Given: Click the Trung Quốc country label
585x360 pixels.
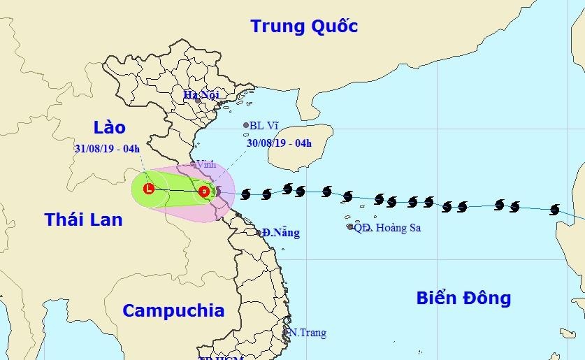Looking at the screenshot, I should click(x=304, y=27).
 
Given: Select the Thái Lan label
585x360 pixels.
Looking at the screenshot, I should click(x=83, y=219).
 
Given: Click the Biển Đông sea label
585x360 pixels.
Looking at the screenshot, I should click(x=463, y=298).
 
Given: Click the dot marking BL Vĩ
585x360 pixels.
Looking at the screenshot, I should click(x=246, y=126).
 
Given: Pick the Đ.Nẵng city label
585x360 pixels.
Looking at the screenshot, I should click(x=281, y=233).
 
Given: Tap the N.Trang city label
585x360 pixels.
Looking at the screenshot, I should click(x=308, y=333).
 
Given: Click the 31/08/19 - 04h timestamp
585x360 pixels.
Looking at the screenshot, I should click(x=108, y=148).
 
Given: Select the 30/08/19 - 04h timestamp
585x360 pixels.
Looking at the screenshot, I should click(x=279, y=144).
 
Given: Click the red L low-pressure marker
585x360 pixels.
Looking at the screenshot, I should click(x=149, y=188).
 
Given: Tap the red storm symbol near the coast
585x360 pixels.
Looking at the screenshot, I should click(x=203, y=191).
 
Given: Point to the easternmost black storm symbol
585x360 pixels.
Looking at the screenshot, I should click(x=555, y=209).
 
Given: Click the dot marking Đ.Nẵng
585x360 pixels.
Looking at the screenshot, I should click(x=259, y=233).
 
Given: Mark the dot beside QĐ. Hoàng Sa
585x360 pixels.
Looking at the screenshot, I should click(x=350, y=226).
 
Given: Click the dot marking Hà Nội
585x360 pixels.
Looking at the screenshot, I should click(x=198, y=101).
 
